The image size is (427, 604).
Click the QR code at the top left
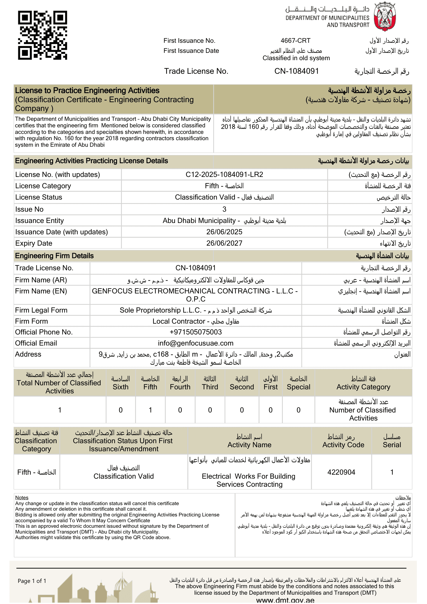[x=42, y=35]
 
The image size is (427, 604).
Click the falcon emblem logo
[x=384, y=17]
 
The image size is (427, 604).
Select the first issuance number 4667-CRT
[x=296, y=41]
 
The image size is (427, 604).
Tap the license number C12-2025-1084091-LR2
[x=224, y=175]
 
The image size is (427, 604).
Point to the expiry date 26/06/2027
[x=224, y=243]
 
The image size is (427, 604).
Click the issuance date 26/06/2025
[x=224, y=232]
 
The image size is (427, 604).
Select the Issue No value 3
[x=224, y=209]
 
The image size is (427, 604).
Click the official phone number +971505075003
[x=196, y=332]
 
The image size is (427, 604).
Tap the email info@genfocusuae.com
[x=196, y=343]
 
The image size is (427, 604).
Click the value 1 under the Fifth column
[x=150, y=410]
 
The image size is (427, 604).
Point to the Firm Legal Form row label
[x=41, y=310]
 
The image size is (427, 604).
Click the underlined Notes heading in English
[x=22, y=498]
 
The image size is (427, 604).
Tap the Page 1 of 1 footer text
[x=32, y=581]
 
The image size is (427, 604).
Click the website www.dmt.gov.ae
[x=285, y=600]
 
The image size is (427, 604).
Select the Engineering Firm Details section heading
[x=54, y=256]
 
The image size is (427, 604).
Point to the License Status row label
[x=39, y=197]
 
